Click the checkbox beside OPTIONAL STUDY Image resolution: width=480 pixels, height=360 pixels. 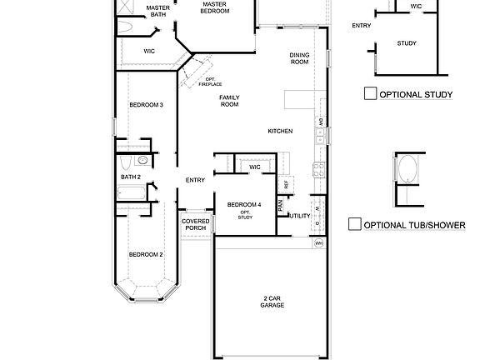point(371,94)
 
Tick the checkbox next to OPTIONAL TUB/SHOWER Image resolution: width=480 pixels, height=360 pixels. point(354,224)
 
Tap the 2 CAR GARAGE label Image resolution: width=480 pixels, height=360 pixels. point(272,302)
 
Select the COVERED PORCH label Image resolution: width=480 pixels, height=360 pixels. point(195,224)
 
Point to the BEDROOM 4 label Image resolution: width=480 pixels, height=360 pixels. point(245,205)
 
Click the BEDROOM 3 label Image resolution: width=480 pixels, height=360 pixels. point(146,105)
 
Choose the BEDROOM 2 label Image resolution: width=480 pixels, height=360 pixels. point(146,253)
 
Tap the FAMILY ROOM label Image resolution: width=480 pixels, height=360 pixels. point(229,101)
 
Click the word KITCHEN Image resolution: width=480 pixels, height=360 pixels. point(279,132)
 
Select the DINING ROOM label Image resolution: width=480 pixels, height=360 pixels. point(300,58)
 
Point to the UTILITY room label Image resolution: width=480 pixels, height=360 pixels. point(300,216)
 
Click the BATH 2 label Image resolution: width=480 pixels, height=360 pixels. point(130,177)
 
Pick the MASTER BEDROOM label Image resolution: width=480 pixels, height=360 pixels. point(215,7)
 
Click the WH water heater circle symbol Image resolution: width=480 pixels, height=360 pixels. point(318,243)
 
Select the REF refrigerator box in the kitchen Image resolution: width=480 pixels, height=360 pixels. point(286,183)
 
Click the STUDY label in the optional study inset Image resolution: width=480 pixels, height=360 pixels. point(407,42)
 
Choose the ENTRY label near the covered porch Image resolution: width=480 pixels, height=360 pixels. point(195,180)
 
